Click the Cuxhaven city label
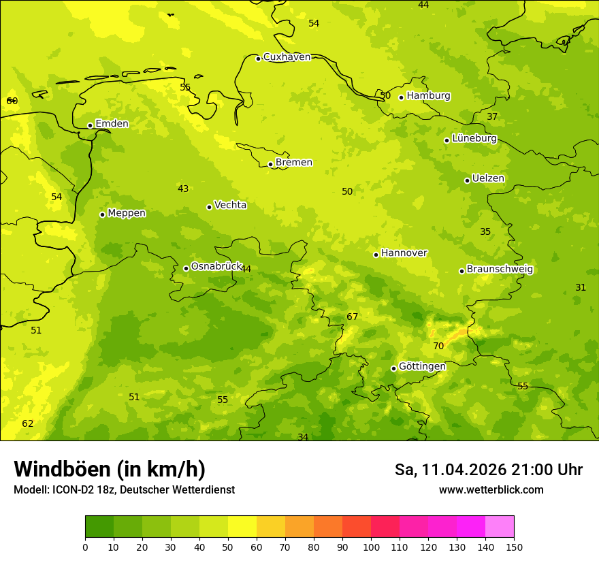[287, 57]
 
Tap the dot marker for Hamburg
[402, 97]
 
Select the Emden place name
[112, 124]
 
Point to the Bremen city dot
[270, 164]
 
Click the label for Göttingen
[422, 367]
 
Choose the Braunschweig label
[500, 270]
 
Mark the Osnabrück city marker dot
[186, 268]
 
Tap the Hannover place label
[404, 253]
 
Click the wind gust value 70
[438, 346]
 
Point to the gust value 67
[352, 317]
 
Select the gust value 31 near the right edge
[581, 288]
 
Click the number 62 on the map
[27, 424]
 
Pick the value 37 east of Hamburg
[492, 117]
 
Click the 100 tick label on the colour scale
[371, 547]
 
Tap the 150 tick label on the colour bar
[514, 547]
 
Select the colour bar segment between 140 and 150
[500, 527]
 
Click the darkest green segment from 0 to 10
[99, 527]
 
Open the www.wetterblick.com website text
[491, 490]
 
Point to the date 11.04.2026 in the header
[464, 470]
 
